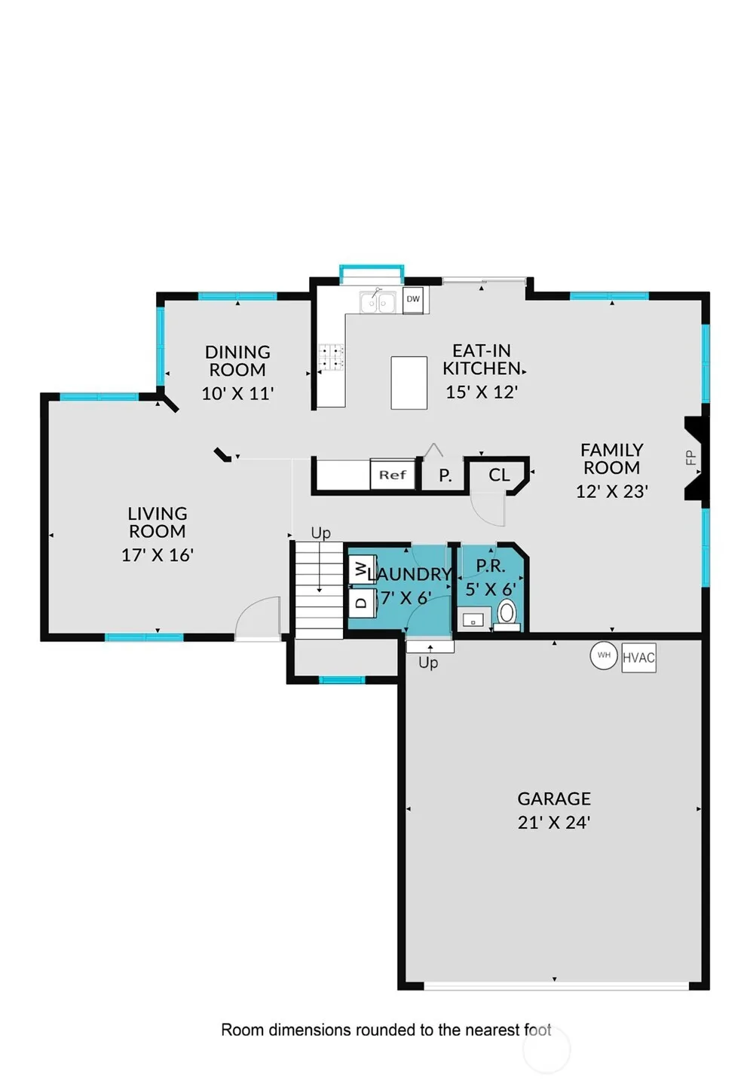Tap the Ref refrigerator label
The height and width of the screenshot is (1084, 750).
tap(392, 475)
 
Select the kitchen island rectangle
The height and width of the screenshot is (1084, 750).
tap(409, 383)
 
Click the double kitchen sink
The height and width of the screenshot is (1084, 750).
tap(378, 302)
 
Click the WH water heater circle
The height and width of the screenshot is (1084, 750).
tap(604, 655)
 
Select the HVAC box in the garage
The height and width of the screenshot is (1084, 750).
tap(638, 657)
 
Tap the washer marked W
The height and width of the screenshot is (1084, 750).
tap(363, 569)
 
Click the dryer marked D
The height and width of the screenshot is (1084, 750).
tap(363, 603)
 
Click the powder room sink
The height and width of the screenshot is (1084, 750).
tap(473, 619)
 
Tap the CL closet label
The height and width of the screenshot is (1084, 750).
tap(499, 475)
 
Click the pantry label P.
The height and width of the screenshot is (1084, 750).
tap(445, 475)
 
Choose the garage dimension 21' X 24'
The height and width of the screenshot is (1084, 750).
tap(554, 822)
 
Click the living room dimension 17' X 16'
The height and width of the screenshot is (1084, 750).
tap(158, 554)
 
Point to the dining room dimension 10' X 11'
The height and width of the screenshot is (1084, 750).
tap(237, 393)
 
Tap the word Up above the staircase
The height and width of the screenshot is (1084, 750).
tap(320, 533)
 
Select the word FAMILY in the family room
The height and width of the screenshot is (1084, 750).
tap(611, 450)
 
